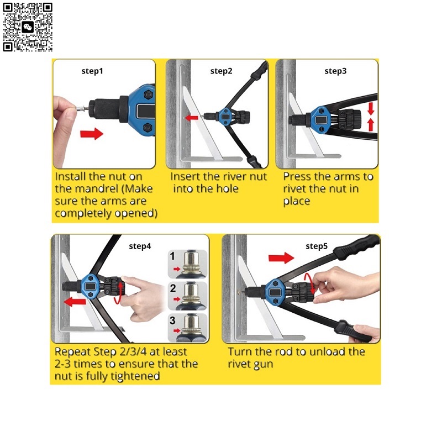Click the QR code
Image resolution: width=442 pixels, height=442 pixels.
coord(28,27)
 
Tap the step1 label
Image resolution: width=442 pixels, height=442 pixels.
coord(92,71)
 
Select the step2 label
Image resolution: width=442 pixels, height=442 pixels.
coord(222,71)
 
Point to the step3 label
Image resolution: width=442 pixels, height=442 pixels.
coord(335,71)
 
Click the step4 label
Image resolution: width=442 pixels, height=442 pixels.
coord(140,246)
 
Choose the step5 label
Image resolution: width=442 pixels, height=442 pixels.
coord(317,246)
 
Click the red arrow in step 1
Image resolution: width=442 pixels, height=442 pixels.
coord(92,134)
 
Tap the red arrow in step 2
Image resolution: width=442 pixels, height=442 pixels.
coord(192,117)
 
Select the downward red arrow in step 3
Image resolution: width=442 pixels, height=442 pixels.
coord(371,109)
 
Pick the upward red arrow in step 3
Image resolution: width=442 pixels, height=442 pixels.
coord(371,125)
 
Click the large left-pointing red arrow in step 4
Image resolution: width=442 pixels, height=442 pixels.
coord(75,302)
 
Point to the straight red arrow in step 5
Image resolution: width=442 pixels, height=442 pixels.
coord(281,257)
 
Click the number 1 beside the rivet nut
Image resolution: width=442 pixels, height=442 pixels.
coord(172,256)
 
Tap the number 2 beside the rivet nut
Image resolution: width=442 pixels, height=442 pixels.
coord(173,288)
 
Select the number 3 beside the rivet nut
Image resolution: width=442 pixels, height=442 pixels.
coord(172,320)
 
